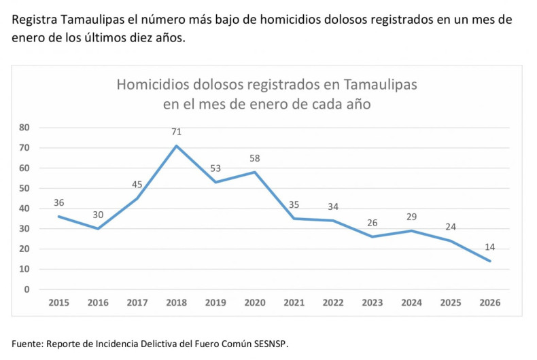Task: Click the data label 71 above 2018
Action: [177, 132]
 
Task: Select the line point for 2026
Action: [489, 261]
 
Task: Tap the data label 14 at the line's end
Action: [489, 247]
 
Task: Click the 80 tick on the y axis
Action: [24, 127]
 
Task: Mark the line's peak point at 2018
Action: [177, 145]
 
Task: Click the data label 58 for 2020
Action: [255, 158]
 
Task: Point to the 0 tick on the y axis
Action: [27, 289]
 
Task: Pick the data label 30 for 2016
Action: [99, 215]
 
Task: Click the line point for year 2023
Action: [372, 236]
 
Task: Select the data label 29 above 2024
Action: [411, 216]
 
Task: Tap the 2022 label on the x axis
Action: [333, 302]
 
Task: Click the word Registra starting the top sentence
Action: [34, 20]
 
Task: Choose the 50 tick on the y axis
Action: [24, 188]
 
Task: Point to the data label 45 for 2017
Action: [138, 185]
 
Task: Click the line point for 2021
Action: [294, 218]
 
